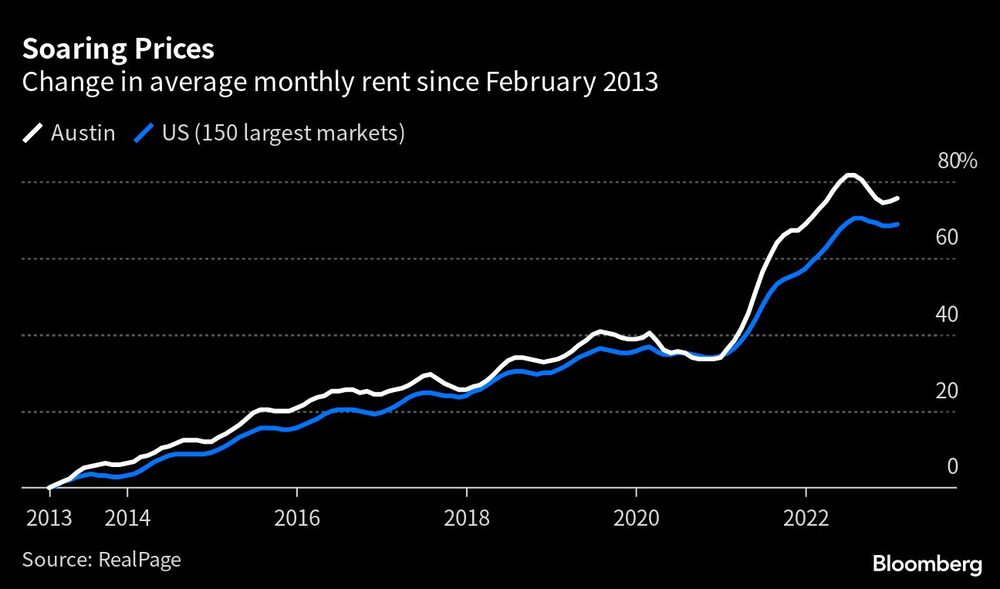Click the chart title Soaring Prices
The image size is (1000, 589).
click(118, 49)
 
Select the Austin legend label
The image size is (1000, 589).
click(83, 133)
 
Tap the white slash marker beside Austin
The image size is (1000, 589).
click(34, 133)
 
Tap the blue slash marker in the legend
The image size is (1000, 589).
click(146, 133)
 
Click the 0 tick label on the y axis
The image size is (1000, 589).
click(952, 466)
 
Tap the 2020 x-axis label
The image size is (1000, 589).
click(636, 519)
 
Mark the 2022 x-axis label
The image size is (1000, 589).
click(806, 519)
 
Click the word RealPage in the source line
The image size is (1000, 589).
click(139, 560)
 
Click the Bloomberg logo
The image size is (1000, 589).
click(927, 564)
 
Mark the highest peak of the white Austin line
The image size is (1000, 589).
click(849, 175)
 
